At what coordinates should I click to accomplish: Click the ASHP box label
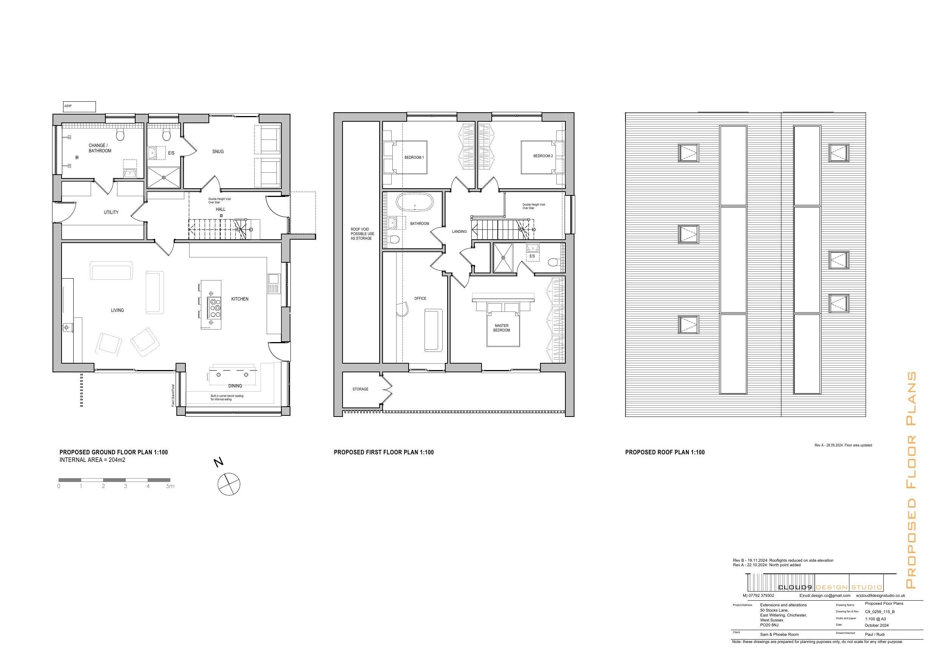[x=68, y=106]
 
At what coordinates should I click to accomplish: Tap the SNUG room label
[x=218, y=152]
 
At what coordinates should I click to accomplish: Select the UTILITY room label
[x=111, y=212]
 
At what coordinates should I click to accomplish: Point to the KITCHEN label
[x=239, y=299]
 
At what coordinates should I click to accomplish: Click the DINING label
[x=235, y=386]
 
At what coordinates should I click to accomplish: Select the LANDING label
[x=459, y=232]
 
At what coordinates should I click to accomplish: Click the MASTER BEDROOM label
[x=502, y=328]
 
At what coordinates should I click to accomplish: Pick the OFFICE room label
[x=420, y=299]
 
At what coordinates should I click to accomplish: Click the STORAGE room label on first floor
[x=360, y=389]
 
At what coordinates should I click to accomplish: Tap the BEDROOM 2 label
[x=543, y=156]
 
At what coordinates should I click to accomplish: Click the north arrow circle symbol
[x=229, y=484]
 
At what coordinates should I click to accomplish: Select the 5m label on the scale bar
[x=170, y=486]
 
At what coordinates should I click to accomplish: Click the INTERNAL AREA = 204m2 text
[x=92, y=460]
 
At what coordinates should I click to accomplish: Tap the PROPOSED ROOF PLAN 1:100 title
[x=665, y=452]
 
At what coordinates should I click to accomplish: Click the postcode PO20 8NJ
[x=769, y=625]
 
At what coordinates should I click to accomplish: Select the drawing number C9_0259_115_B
[x=880, y=612]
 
